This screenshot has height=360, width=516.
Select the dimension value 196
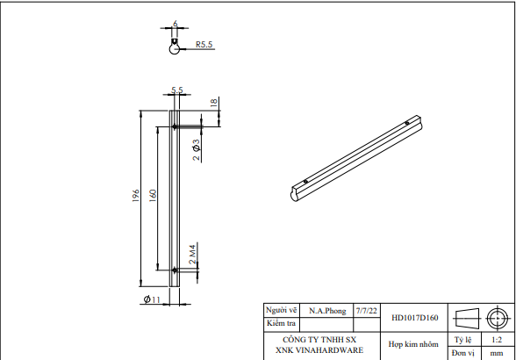[137, 198]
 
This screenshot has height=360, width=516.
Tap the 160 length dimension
[154, 194]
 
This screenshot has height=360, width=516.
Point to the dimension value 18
[213, 103]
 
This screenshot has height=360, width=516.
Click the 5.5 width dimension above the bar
[176, 90]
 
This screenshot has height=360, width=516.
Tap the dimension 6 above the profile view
[176, 24]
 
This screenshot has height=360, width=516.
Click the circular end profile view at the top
[176, 49]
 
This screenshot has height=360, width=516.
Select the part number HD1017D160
[415, 318]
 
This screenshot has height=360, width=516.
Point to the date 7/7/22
[365, 311]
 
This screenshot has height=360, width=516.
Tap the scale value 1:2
[496, 339]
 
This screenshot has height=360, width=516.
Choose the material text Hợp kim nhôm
[413, 345]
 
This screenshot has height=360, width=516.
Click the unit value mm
[496, 352]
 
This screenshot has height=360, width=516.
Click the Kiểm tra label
[281, 323]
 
